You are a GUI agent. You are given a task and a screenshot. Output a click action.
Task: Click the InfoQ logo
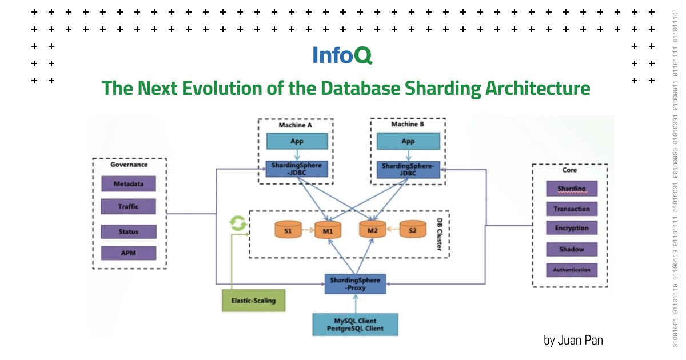(x=342, y=55)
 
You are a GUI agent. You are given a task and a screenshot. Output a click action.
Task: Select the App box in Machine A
(x=297, y=141)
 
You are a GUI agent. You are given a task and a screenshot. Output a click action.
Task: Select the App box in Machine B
(x=408, y=141)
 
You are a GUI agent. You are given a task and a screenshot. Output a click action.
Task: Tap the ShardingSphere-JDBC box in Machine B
(x=408, y=170)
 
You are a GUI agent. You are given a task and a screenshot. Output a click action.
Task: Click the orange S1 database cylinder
(x=288, y=230)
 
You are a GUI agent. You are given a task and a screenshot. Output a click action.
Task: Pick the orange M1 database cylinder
(x=328, y=230)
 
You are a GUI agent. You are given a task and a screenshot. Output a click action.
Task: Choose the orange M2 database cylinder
(x=373, y=230)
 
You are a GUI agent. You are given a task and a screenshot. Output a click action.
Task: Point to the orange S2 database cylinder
(x=412, y=230)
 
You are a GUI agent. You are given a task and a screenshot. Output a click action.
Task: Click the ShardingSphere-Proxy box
(x=355, y=283)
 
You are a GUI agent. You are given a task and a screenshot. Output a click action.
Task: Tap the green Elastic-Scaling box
(x=253, y=301)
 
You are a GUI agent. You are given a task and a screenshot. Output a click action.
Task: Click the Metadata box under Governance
(x=128, y=184)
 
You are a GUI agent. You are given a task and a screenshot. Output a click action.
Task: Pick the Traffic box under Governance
(x=128, y=206)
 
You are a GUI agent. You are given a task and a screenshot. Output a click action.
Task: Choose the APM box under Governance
(x=128, y=253)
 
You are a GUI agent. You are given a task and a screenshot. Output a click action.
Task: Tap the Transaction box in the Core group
(x=571, y=209)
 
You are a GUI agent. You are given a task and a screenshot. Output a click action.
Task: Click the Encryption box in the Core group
(x=571, y=228)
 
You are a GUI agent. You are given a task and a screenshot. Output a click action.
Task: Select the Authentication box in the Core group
(x=571, y=270)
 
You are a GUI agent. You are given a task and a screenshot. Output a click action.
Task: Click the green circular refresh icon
(x=237, y=223)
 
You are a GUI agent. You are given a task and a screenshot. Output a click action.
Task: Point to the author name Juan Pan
(x=573, y=341)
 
